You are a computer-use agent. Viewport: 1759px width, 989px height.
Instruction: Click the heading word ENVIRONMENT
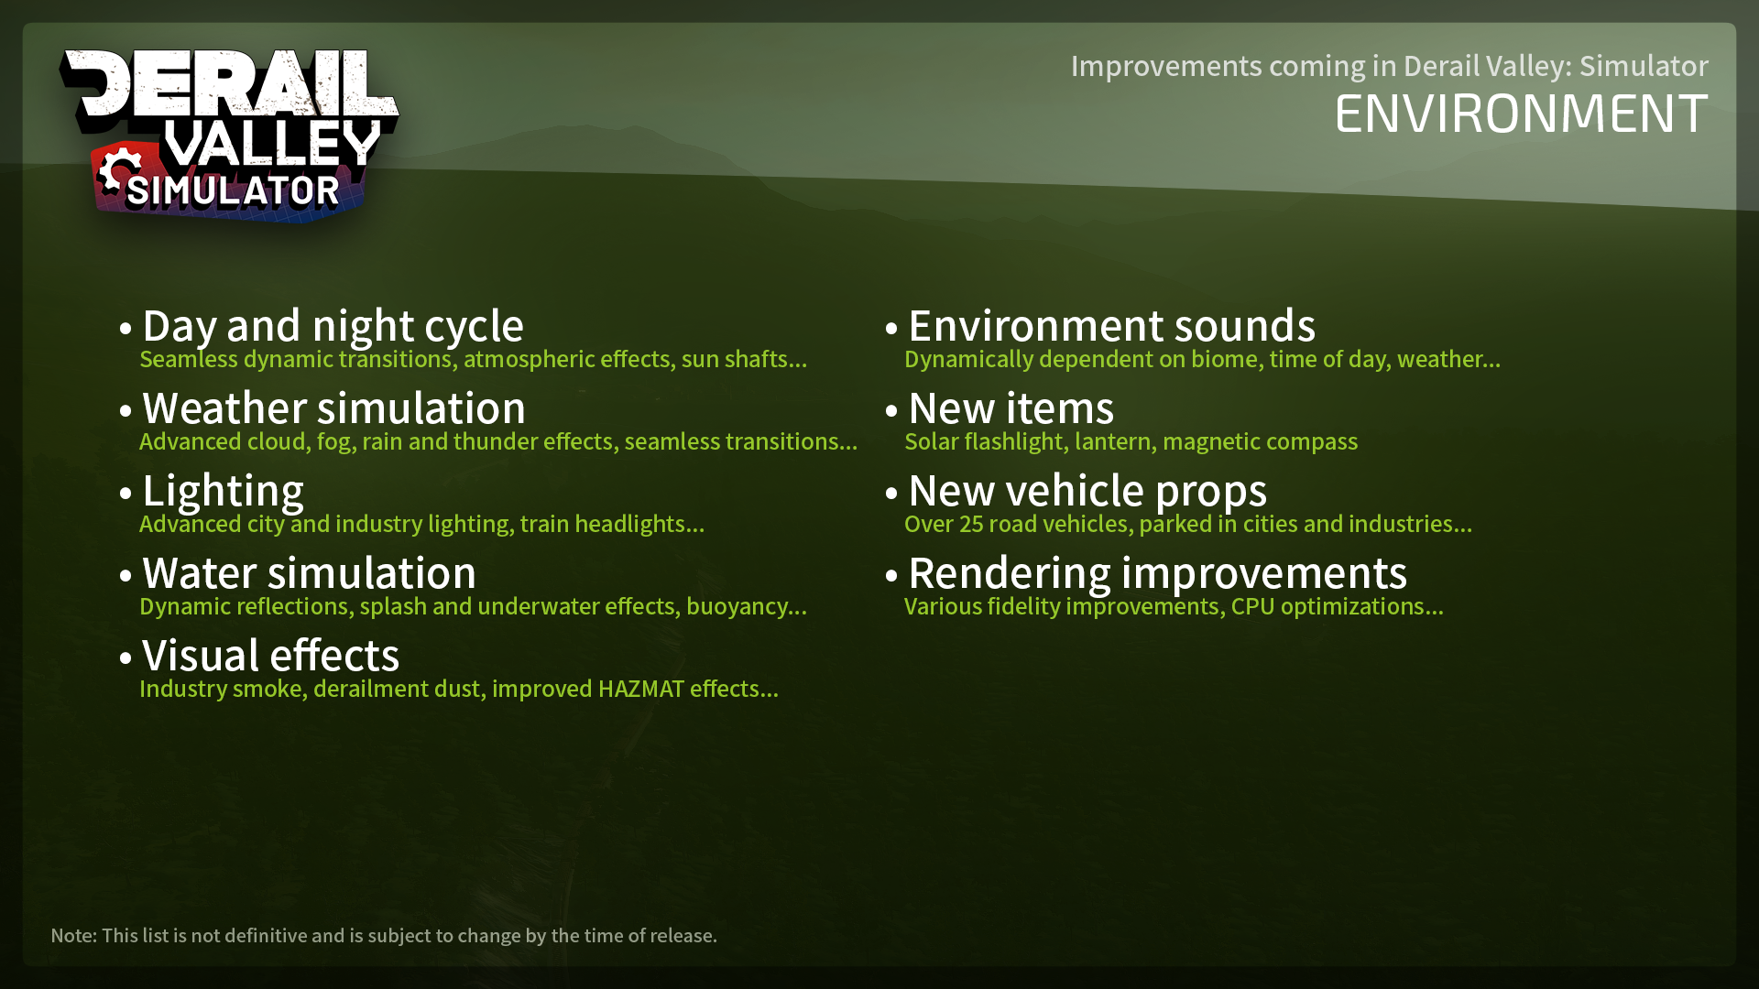click(x=1521, y=114)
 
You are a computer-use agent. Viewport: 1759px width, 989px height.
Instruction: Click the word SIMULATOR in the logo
click(x=233, y=191)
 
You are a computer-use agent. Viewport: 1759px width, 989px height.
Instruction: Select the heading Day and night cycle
click(x=333, y=326)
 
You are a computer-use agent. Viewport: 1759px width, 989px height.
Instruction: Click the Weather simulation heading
click(x=333, y=408)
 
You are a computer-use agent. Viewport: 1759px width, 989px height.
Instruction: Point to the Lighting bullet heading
click(x=223, y=492)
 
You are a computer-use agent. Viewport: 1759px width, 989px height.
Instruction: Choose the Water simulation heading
click(x=309, y=573)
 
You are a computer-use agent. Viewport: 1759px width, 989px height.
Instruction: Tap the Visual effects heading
click(x=270, y=656)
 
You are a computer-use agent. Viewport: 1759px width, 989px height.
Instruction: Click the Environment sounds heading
click(x=1111, y=326)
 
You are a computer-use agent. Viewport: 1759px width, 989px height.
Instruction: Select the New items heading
click(x=1011, y=408)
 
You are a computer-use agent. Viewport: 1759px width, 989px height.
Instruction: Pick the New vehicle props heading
click(x=1087, y=491)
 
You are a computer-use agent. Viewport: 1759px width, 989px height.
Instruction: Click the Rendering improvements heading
click(x=1157, y=573)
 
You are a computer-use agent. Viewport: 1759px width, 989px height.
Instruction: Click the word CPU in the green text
click(x=1252, y=606)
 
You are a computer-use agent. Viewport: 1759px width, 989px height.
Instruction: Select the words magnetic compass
click(x=1260, y=442)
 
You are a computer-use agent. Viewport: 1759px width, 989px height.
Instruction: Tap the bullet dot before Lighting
click(x=126, y=494)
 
